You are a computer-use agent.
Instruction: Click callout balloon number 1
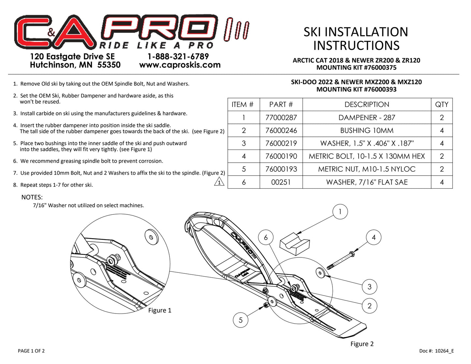point(340,212)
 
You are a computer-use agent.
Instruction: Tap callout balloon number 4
point(374,238)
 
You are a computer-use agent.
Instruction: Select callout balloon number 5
point(241,320)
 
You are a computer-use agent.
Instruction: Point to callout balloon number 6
point(266,238)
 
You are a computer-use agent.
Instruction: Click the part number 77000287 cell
point(281,118)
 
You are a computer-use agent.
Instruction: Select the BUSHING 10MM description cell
point(367,130)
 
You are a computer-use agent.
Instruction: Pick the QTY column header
point(442,105)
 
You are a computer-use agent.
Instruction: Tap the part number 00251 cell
point(281,182)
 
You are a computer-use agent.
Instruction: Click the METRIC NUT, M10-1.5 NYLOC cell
point(367,169)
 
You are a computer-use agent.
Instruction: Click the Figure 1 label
point(160,310)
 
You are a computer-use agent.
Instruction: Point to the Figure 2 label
point(362,344)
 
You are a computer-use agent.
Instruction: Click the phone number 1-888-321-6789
point(178,56)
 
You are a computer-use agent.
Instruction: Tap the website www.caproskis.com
point(180,65)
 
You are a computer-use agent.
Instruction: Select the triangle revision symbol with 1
point(219,182)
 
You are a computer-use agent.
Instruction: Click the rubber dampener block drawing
point(294,243)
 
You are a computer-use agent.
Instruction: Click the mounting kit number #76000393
point(380,89)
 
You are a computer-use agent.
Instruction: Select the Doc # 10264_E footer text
point(436,351)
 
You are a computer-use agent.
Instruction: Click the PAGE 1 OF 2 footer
point(31,351)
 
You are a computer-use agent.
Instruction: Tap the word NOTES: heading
point(32,197)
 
